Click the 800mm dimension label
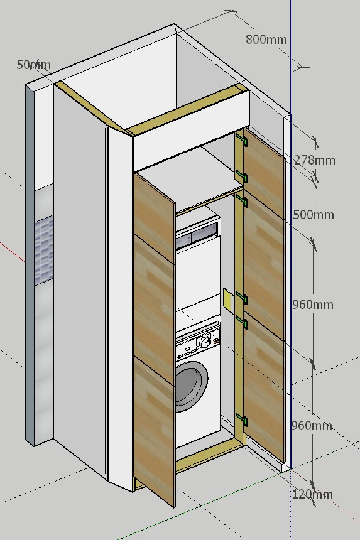coord(266,40)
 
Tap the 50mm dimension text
coord(34,65)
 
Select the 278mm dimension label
coord(315,160)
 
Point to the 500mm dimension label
coord(314,215)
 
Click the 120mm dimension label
coord(312,494)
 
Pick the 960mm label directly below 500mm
coord(313,305)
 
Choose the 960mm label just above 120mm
coord(312,426)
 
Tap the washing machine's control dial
coord(205,342)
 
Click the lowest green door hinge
coord(242,420)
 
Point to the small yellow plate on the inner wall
coord(227,299)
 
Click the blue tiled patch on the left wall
coord(44,251)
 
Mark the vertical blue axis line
coord(291,234)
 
